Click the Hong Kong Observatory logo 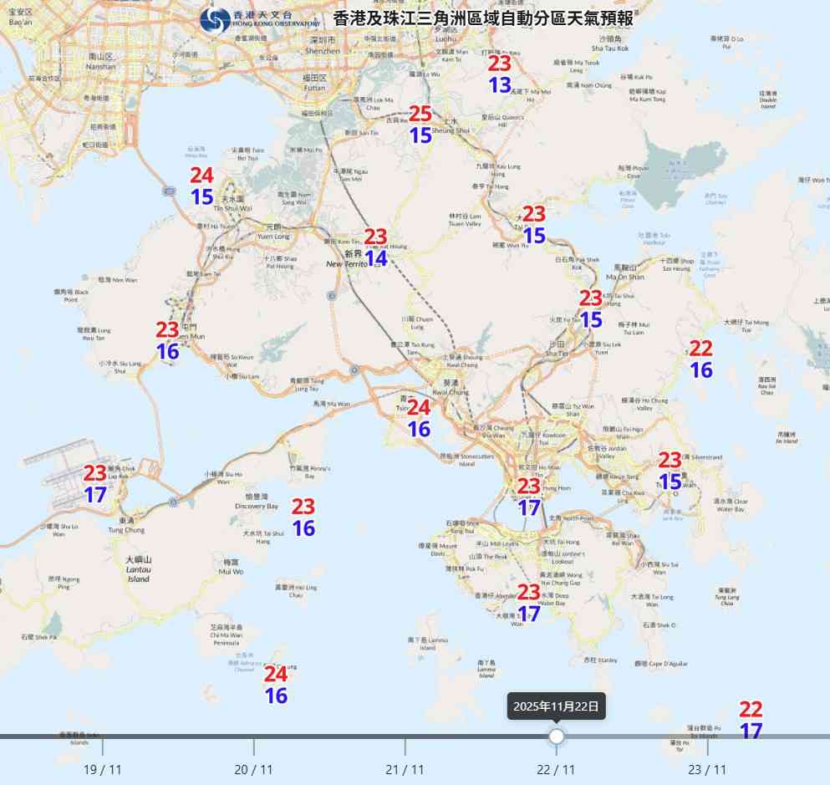(x=216, y=20)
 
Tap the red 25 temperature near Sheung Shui (x=420, y=114)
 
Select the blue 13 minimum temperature (x=500, y=84)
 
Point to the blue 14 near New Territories (x=376, y=258)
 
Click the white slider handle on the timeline (x=557, y=737)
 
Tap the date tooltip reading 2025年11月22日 (x=557, y=706)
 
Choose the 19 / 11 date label (x=103, y=769)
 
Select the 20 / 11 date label (x=254, y=769)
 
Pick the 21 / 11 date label (x=405, y=769)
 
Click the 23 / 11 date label (x=707, y=769)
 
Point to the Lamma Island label (x=427, y=644)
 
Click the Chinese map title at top (x=483, y=18)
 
